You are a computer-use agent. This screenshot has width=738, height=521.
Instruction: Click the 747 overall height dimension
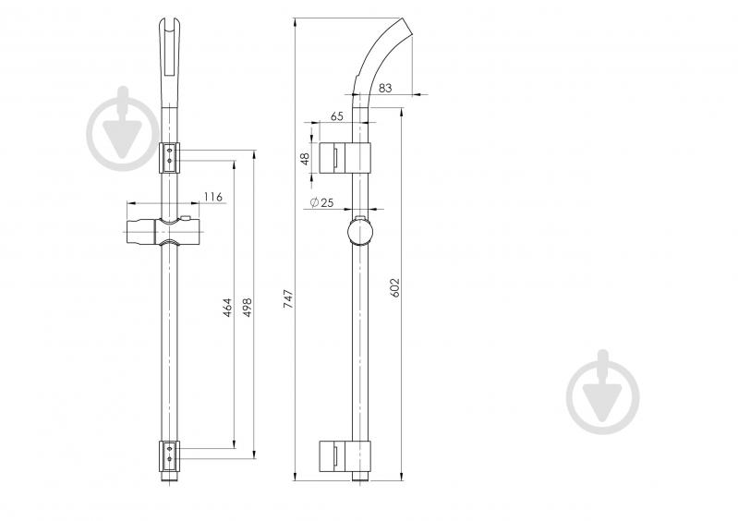[x=288, y=299]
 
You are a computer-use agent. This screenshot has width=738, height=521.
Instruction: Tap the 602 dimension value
[x=395, y=287]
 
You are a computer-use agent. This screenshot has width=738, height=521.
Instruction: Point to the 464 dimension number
[x=227, y=308]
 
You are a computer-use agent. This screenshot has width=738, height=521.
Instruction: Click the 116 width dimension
[x=213, y=196]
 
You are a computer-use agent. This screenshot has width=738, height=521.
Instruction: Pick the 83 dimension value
[x=385, y=88]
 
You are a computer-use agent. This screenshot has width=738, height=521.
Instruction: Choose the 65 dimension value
[x=337, y=116]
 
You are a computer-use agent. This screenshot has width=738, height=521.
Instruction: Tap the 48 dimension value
[x=306, y=159]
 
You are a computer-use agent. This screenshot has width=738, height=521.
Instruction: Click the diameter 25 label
[x=322, y=202]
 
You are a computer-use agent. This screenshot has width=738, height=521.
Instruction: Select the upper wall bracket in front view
[x=169, y=157]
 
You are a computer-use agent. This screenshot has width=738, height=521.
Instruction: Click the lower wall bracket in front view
[x=169, y=455]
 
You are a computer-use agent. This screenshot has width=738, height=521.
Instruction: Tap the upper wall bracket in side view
[x=345, y=158]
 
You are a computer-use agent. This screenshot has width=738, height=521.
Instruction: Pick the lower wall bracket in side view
[x=345, y=456]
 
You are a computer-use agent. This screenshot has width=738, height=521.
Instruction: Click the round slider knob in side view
[x=360, y=233]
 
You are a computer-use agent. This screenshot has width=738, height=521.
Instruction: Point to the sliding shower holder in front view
[x=163, y=232]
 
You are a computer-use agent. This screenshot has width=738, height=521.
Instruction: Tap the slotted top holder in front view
[x=169, y=61]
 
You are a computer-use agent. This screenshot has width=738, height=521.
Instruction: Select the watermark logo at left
[x=124, y=129]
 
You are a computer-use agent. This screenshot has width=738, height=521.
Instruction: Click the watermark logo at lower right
[x=603, y=392]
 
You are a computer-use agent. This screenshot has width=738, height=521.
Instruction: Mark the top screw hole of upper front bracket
[x=169, y=151]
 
